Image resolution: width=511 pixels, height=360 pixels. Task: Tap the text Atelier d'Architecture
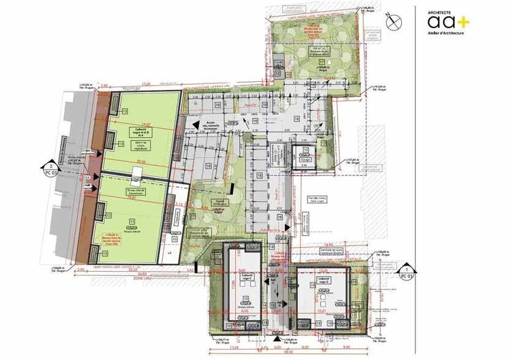(x=446, y=33)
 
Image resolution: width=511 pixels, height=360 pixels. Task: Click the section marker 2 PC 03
(x=47, y=169)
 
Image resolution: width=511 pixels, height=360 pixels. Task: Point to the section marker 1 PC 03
(x=405, y=272)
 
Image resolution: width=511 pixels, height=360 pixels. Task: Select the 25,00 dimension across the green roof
(x=140, y=162)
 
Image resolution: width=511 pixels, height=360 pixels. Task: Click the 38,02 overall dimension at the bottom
(x=288, y=354)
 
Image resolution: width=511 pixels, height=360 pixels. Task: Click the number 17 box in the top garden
(x=321, y=63)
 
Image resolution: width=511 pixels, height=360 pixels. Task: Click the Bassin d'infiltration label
(x=219, y=201)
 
